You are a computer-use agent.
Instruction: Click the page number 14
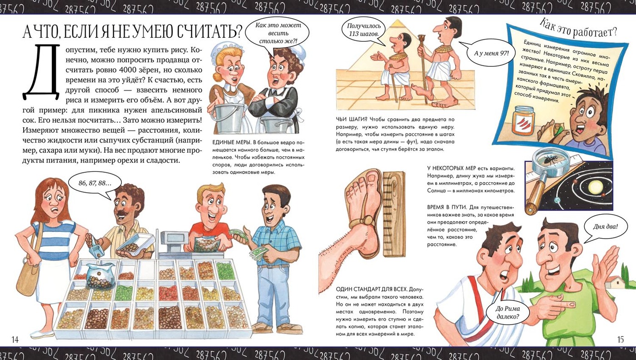click(x=15, y=339)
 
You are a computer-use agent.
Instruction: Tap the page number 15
click(x=621, y=339)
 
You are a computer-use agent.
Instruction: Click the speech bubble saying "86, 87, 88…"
click(x=95, y=185)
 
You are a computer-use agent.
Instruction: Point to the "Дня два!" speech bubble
click(x=605, y=227)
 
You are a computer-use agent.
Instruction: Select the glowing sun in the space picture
click(x=592, y=187)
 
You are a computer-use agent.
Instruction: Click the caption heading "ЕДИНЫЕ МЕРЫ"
click(x=231, y=142)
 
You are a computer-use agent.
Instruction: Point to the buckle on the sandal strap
click(x=367, y=220)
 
